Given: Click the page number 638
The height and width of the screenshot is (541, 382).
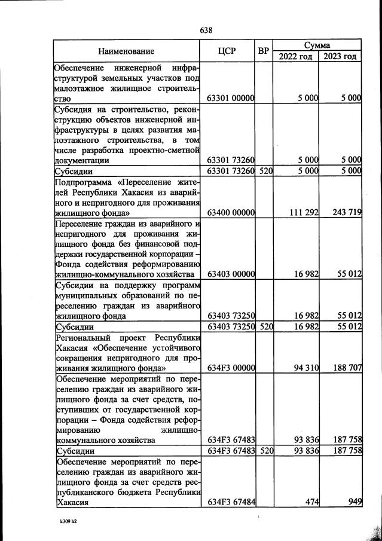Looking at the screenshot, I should point(206,30).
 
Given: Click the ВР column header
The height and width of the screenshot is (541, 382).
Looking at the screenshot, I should point(264,51).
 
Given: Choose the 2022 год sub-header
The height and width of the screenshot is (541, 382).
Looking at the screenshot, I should point(295,57).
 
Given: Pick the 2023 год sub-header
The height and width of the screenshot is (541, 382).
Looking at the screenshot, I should point(340,57).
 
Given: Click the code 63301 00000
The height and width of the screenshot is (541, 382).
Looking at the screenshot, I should point(231,98).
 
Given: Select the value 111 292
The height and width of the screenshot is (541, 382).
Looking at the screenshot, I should point(302,212).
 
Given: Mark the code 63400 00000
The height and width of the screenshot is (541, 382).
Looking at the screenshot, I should point(231,212).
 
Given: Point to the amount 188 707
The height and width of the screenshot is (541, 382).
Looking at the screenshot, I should point(345,367).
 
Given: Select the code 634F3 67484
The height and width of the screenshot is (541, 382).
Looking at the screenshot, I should point(231,502).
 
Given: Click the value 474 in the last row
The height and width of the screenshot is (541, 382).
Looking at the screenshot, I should point(310,502).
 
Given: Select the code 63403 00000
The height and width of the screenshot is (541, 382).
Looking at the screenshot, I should point(231,274).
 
